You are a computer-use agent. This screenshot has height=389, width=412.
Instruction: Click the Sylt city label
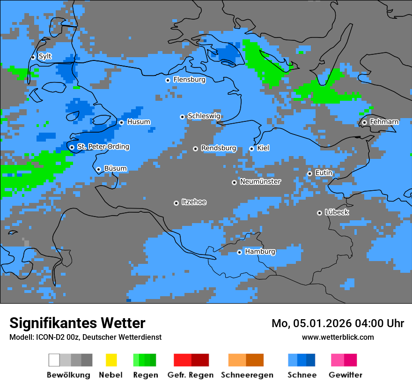pyautogui.click(x=45, y=57)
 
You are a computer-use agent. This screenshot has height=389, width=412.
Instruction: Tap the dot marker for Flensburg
pyautogui.click(x=168, y=80)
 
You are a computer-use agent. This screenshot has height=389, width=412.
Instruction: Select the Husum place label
pyautogui.click(x=139, y=122)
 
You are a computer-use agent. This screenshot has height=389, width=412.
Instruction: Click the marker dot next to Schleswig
pyautogui.click(x=182, y=117)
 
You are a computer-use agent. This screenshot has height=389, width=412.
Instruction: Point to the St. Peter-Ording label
pyautogui.click(x=103, y=147)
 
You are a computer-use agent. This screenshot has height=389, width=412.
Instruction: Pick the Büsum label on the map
pyautogui.click(x=115, y=169)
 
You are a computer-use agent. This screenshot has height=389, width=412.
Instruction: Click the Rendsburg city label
pyautogui.click(x=219, y=148)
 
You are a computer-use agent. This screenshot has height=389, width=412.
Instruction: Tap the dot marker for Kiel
pyautogui.click(x=251, y=149)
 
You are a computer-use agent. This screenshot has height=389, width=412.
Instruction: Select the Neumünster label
pyautogui.click(x=260, y=181)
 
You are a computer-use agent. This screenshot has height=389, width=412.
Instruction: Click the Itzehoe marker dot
pyautogui.click(x=176, y=203)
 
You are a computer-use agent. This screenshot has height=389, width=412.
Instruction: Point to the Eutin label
pyautogui.click(x=324, y=173)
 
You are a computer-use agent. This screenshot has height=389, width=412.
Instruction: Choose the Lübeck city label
pyautogui.click(x=337, y=212)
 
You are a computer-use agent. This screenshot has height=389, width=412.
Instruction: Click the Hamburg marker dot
pyautogui.click(x=239, y=252)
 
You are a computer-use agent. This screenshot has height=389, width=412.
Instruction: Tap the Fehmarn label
pyautogui.click(x=384, y=122)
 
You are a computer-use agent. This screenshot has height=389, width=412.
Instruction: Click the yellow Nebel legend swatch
pyautogui.click(x=111, y=360)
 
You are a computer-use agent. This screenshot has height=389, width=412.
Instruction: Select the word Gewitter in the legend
pyautogui.click(x=346, y=375)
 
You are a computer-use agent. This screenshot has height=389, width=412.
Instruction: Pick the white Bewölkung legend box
pyautogui.click(x=54, y=360)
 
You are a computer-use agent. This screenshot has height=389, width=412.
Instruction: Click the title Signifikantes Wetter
pyautogui.click(x=77, y=323)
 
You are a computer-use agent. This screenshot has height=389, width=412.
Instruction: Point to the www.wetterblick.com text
pyautogui.click(x=338, y=337)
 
